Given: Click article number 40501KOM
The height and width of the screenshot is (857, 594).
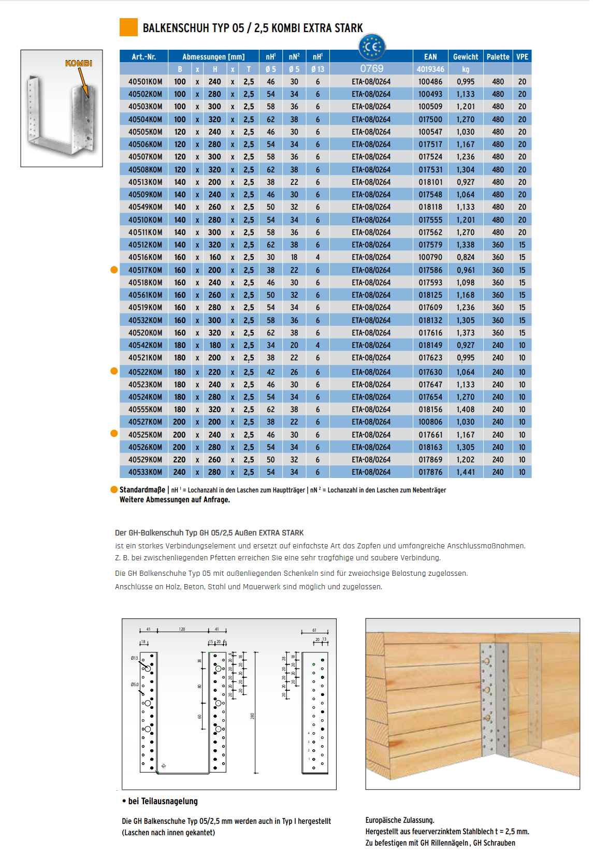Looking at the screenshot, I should [145, 82].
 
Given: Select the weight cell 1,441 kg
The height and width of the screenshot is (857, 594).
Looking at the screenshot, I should [465, 472].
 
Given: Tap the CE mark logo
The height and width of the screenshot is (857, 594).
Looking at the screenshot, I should [372, 47].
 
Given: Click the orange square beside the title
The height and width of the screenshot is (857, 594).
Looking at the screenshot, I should [128, 27].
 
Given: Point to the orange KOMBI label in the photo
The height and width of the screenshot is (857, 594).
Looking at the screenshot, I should [79, 63].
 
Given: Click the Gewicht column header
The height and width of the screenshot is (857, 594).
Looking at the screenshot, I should [465, 57].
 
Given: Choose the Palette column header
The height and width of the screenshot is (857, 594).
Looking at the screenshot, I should [498, 57].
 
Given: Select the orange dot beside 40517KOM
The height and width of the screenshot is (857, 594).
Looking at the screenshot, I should [114, 270].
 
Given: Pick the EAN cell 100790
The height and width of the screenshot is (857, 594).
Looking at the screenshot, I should [430, 257].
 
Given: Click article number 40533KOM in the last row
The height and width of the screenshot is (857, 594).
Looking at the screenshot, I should [145, 472].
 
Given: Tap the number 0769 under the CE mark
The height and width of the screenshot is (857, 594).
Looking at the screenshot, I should [372, 69].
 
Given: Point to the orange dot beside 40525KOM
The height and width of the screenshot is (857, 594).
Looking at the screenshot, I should [114, 433].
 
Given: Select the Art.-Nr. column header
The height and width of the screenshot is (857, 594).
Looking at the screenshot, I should [144, 57].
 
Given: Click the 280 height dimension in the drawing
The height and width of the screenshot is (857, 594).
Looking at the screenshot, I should [253, 716].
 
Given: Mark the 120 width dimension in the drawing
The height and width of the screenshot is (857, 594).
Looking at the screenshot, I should [182, 630].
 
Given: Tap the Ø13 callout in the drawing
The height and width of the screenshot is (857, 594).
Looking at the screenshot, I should [134, 658].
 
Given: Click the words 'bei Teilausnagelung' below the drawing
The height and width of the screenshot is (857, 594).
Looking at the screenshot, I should [163, 801].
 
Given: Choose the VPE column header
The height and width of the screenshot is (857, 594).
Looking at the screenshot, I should [522, 57].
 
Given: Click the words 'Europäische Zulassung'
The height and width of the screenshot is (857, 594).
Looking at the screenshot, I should [400, 820].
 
